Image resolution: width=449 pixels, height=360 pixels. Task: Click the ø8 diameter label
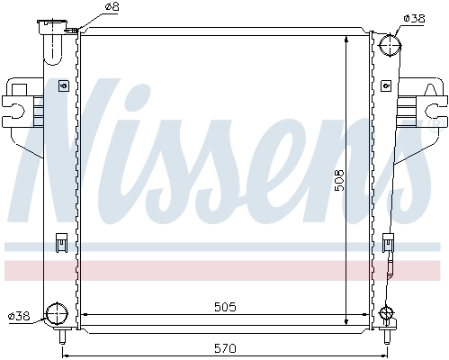[x=112, y=7]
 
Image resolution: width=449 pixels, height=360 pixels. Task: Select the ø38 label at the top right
[x=414, y=17]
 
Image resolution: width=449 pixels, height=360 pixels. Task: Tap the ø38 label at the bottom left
[x=19, y=316]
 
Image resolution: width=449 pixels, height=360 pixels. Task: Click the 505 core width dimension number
[x=225, y=307]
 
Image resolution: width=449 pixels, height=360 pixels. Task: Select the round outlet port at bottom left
[x=58, y=314]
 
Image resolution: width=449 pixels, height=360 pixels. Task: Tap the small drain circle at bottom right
[x=387, y=314]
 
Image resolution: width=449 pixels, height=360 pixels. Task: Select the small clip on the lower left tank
[x=60, y=242]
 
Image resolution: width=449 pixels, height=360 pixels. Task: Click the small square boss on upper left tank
[x=62, y=86]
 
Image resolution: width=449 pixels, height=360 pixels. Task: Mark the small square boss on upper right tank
[x=386, y=86]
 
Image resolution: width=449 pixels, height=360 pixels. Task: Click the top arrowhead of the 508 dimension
[x=346, y=38]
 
